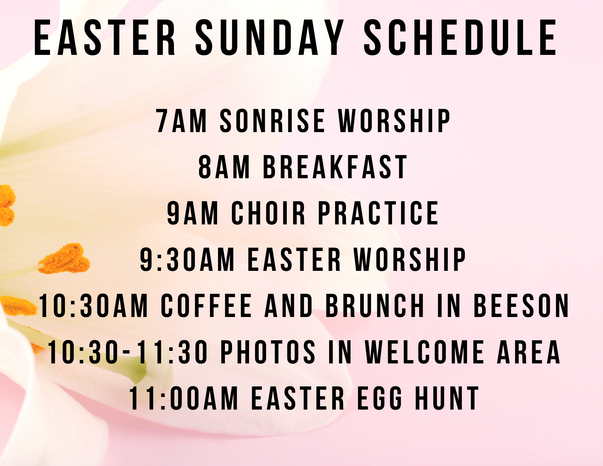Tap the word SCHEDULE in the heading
click(x=460, y=38)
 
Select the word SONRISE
click(x=272, y=121)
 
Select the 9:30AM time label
click(x=187, y=259)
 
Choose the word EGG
click(x=380, y=398)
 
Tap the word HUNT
click(x=447, y=398)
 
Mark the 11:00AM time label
click(x=184, y=398)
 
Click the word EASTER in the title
click(x=105, y=38)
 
